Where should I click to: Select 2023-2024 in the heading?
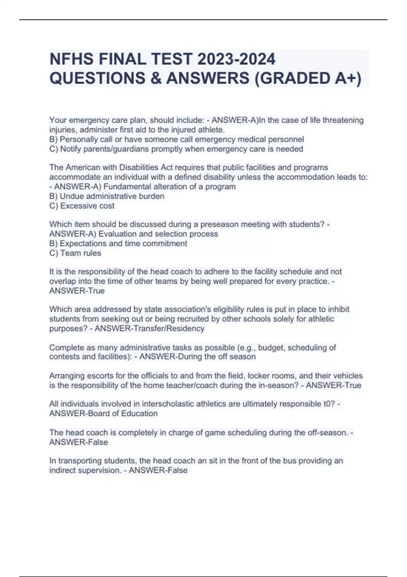pos(236,59)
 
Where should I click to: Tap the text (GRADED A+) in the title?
pos(308,78)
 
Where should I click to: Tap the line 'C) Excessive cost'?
pos(82,206)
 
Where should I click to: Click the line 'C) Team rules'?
pos(75,253)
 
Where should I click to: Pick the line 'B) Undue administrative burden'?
pos(107,196)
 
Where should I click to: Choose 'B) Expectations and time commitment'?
pos(118,244)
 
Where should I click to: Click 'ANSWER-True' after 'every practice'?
pos(77,291)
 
